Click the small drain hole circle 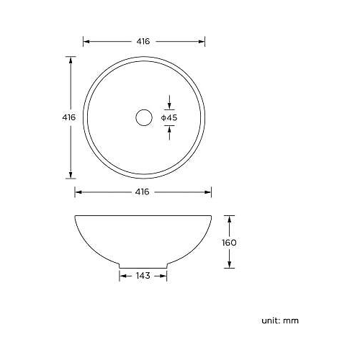coord(143,117)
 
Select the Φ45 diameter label coord(169,117)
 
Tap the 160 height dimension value coord(230,243)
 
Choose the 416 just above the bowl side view coord(143,192)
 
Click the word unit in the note coord(269,320)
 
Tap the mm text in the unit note coord(291,320)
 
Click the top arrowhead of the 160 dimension coord(230,217)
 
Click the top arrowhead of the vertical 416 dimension coord(71,60)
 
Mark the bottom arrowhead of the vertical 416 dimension coord(71,175)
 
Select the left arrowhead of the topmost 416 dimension coord(86,42)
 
